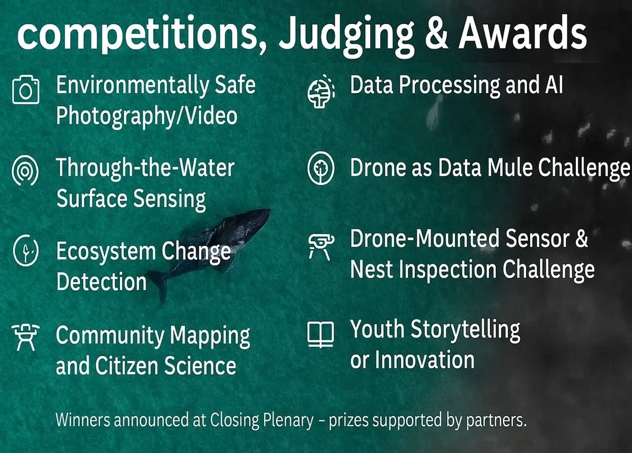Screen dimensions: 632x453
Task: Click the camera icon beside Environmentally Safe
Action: click(x=25, y=89)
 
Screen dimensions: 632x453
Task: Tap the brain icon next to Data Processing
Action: click(x=321, y=91)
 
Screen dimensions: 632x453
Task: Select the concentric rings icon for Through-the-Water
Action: click(x=25, y=170)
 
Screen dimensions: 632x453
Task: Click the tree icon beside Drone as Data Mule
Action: click(x=321, y=168)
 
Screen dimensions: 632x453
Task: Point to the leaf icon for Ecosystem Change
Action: click(x=25, y=250)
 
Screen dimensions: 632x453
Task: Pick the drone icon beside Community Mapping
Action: click(x=25, y=337)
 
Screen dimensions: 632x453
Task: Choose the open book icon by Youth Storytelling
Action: click(x=321, y=335)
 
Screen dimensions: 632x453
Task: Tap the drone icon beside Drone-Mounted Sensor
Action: click(x=321, y=247)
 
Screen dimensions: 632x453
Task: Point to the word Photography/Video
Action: click(x=147, y=116)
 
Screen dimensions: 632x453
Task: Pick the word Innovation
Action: click(x=425, y=360)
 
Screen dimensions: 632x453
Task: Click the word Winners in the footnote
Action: click(x=83, y=419)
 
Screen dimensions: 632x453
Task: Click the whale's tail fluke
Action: click(x=159, y=285)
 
